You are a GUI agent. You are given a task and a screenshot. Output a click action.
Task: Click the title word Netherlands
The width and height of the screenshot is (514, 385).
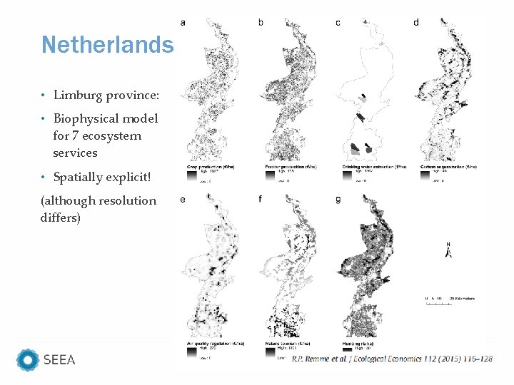pos(107,45)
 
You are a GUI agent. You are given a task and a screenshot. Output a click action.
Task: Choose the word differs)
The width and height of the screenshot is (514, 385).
pos(61,217)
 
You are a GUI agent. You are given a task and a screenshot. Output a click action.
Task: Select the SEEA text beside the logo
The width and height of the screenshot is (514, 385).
pos(59,360)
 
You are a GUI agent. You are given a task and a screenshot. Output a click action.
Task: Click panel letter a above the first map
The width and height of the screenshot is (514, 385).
pos(183,23)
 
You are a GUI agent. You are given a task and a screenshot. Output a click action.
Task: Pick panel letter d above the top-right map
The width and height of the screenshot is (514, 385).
pos(416,23)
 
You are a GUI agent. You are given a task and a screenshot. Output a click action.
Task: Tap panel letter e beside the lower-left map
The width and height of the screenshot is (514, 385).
pos(183,200)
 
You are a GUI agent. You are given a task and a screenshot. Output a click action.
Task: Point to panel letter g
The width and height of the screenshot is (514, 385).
pos(338,200)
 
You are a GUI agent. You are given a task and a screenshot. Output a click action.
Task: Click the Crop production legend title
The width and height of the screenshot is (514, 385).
pos(210,167)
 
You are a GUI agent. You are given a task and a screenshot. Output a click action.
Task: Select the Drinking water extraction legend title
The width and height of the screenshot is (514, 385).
pos(371,167)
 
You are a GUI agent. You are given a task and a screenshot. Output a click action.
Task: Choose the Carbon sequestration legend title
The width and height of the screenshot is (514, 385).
pos(448,167)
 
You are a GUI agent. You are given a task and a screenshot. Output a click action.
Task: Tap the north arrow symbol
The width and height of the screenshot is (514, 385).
pos(448,251)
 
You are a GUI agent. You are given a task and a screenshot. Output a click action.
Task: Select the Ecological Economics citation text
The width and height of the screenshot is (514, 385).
pos(391,360)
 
